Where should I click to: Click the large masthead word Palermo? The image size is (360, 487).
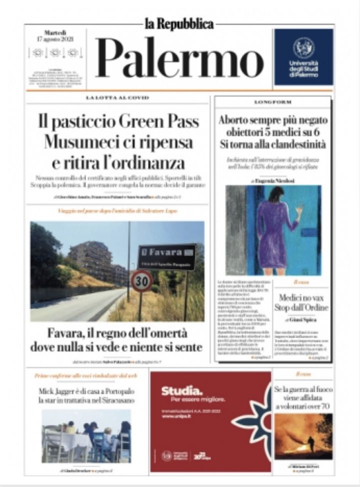point(179,59)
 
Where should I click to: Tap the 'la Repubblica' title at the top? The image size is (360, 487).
point(179,24)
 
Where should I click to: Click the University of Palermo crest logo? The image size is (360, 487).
point(303,48)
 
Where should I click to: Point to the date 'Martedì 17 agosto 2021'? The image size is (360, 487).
point(56,36)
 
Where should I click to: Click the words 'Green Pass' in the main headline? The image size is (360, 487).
point(160,121)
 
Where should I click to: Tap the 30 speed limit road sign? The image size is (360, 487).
point(142,281)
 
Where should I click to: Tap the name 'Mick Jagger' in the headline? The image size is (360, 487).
point(59,391)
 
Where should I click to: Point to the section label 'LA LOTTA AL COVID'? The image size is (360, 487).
point(117,97)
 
